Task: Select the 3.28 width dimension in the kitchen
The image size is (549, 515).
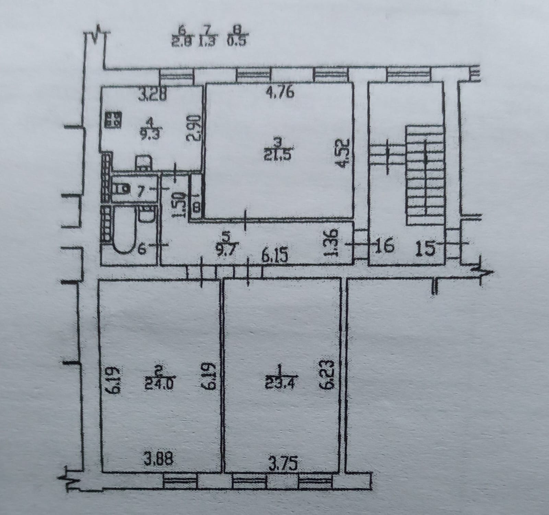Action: click(152, 94)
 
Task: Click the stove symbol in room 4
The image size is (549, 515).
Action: click(113, 120)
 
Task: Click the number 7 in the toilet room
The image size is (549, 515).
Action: click(139, 190)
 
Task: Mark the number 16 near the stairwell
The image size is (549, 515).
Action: click(384, 247)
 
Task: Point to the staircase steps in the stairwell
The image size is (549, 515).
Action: click(425, 175)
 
